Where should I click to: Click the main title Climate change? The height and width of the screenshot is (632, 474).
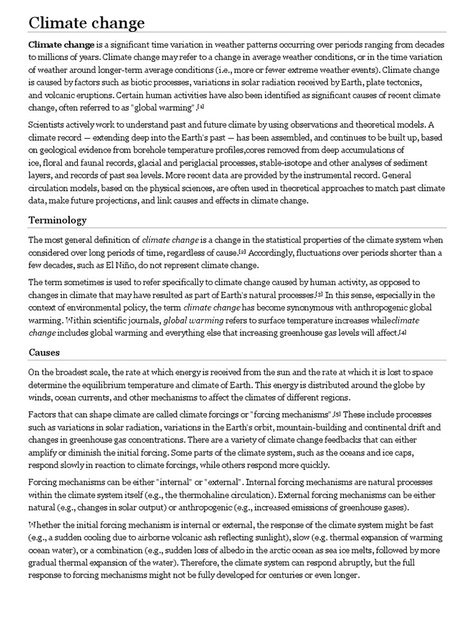[x=86, y=23]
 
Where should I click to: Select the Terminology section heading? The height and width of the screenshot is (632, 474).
[x=57, y=220]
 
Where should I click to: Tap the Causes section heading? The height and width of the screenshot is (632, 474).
[x=45, y=352]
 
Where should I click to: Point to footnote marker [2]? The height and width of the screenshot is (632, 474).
[x=243, y=252]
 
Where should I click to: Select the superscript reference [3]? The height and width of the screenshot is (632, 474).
[x=319, y=294]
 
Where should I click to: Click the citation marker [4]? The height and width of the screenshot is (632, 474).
[x=402, y=333]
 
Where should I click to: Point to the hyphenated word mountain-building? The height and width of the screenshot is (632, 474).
[x=292, y=426]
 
